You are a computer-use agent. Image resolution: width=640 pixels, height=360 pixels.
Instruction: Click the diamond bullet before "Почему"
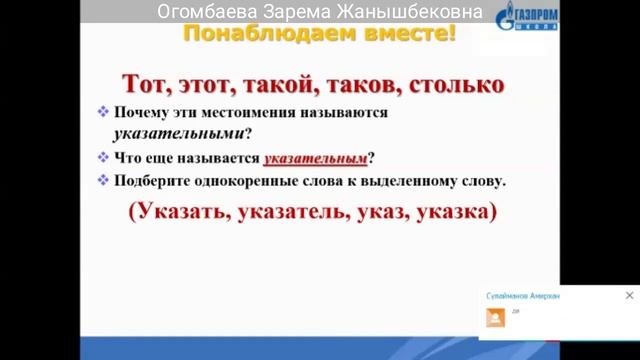103,113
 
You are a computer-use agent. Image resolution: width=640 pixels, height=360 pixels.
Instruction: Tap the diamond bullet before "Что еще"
103,158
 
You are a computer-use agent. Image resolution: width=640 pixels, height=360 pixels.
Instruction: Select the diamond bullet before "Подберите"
103,181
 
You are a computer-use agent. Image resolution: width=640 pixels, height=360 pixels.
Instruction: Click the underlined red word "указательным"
315,158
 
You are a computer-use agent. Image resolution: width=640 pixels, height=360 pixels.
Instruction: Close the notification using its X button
629,296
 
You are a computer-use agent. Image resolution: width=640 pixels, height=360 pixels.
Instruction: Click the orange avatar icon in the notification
495,318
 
